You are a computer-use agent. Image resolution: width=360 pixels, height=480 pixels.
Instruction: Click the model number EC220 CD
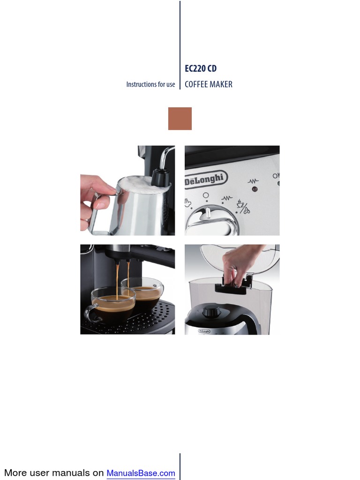[201, 68]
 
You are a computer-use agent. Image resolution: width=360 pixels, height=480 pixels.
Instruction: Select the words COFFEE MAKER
[209, 84]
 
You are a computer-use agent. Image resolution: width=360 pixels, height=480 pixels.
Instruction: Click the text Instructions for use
[150, 84]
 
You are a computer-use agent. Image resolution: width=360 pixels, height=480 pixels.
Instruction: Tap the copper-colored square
[180, 119]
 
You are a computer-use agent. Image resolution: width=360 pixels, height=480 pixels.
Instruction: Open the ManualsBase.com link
[141, 473]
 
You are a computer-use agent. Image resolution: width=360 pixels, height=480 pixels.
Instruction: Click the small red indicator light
[255, 189]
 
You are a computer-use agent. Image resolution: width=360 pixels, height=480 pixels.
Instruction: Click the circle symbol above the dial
[206, 195]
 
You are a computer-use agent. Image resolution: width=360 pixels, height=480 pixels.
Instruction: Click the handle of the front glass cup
[89, 313]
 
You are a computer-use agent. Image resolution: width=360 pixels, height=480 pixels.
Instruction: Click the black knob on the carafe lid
[212, 310]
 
